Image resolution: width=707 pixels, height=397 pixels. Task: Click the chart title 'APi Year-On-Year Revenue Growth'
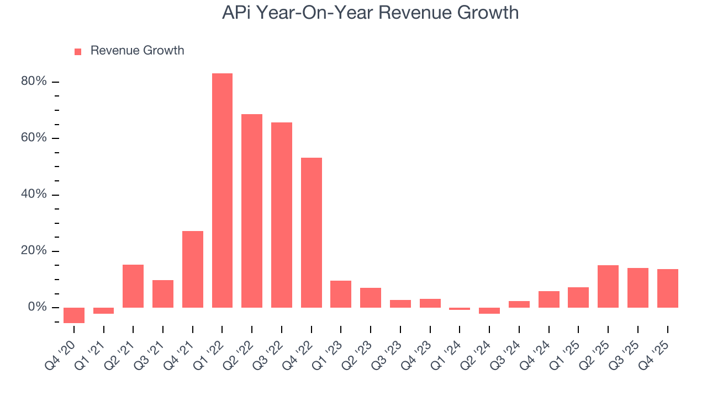pyautogui.click(x=370, y=13)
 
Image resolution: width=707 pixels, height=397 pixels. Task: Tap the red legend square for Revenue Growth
pyautogui.click(x=78, y=51)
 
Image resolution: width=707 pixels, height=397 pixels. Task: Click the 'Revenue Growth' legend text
pyautogui.click(x=137, y=51)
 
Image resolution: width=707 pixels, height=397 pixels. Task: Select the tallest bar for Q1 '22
pyautogui.click(x=222, y=190)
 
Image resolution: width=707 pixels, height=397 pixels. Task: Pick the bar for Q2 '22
pyautogui.click(x=252, y=211)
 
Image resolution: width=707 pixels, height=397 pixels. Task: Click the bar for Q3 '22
pyautogui.click(x=281, y=215)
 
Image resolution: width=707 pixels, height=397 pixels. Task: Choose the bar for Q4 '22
pyautogui.click(x=311, y=233)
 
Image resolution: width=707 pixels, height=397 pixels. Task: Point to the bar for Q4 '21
pyautogui.click(x=192, y=269)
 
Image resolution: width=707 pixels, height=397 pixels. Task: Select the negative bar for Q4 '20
pyautogui.click(x=74, y=315)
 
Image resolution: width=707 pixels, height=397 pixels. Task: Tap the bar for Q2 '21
pyautogui.click(x=133, y=286)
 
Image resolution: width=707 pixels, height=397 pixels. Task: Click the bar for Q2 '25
pyautogui.click(x=608, y=286)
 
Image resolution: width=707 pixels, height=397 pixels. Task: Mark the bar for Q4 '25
pyautogui.click(x=667, y=288)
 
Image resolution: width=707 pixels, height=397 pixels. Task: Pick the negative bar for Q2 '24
pyautogui.click(x=489, y=310)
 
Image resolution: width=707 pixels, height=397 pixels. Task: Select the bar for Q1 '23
pyautogui.click(x=341, y=294)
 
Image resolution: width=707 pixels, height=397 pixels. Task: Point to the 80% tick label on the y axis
pyautogui.click(x=34, y=82)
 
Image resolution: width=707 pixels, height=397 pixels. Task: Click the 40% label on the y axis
pyautogui.click(x=34, y=195)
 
